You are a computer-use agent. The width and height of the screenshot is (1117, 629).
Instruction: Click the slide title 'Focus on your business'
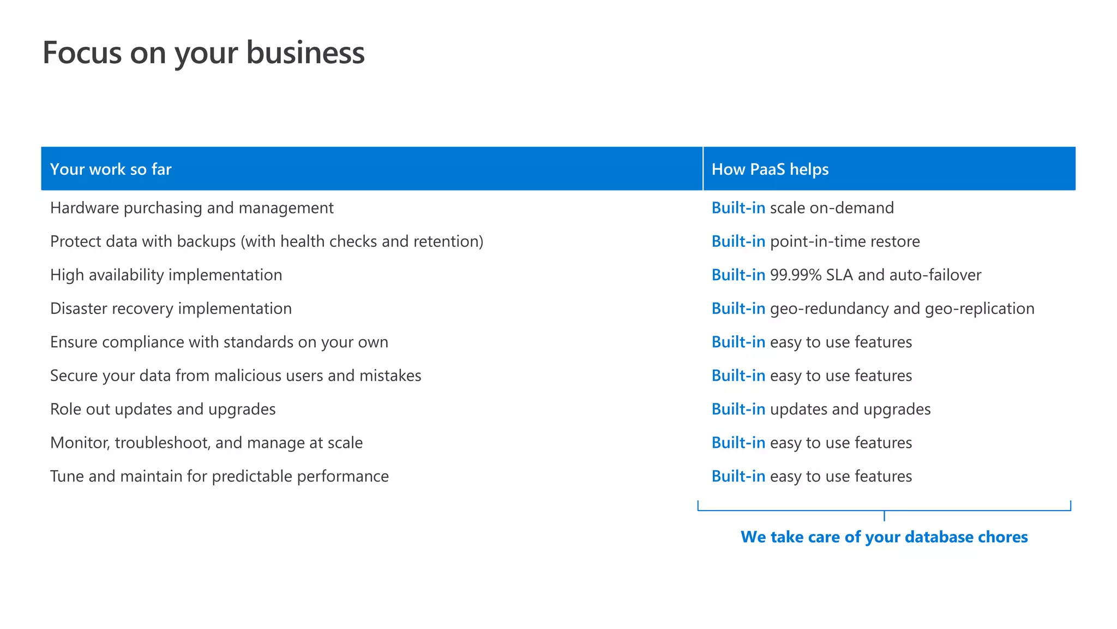point(203,53)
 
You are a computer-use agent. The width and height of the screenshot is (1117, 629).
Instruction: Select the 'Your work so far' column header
point(111,169)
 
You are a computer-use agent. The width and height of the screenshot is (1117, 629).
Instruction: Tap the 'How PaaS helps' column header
point(770,169)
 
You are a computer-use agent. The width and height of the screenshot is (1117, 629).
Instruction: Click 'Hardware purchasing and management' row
point(191,208)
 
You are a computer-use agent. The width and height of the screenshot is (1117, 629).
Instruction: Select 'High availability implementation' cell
point(166,275)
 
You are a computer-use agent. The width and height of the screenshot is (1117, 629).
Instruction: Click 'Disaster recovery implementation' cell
point(171,308)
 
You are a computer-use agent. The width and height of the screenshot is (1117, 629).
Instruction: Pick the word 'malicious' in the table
point(249,376)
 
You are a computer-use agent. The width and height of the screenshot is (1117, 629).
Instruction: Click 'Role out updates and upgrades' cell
point(163,410)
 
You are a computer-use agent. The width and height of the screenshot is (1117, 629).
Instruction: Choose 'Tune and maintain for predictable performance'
point(219,477)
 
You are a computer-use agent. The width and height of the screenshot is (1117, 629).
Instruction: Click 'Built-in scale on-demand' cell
point(802,208)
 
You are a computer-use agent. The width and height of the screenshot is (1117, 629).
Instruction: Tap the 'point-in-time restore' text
point(845,241)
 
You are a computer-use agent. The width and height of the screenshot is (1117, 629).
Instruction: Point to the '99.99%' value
point(795,275)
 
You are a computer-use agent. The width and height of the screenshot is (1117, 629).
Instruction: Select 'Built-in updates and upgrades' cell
point(821,410)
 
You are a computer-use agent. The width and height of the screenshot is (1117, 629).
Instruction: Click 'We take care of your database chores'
point(884,537)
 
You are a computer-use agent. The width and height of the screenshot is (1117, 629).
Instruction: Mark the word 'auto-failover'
point(935,275)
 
